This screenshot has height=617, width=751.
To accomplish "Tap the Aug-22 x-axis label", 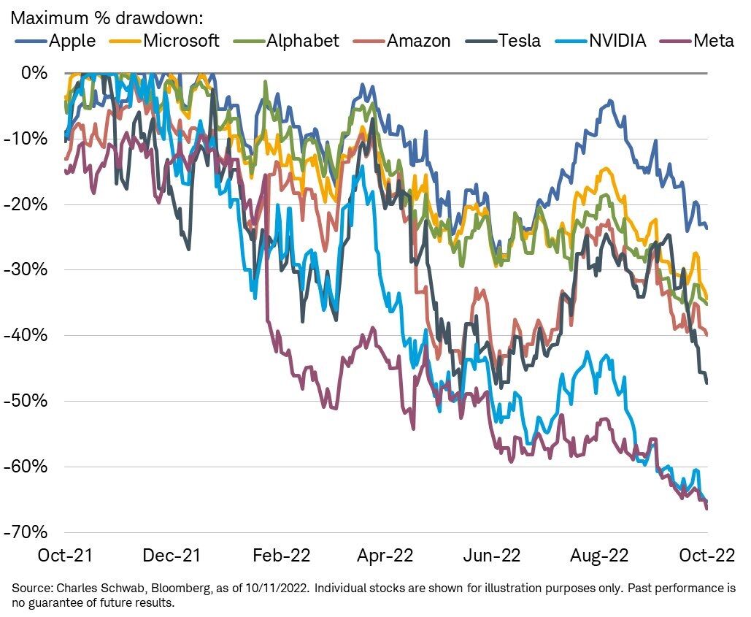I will click(598, 556).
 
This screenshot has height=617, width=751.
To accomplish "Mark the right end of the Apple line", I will click(706, 229).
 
